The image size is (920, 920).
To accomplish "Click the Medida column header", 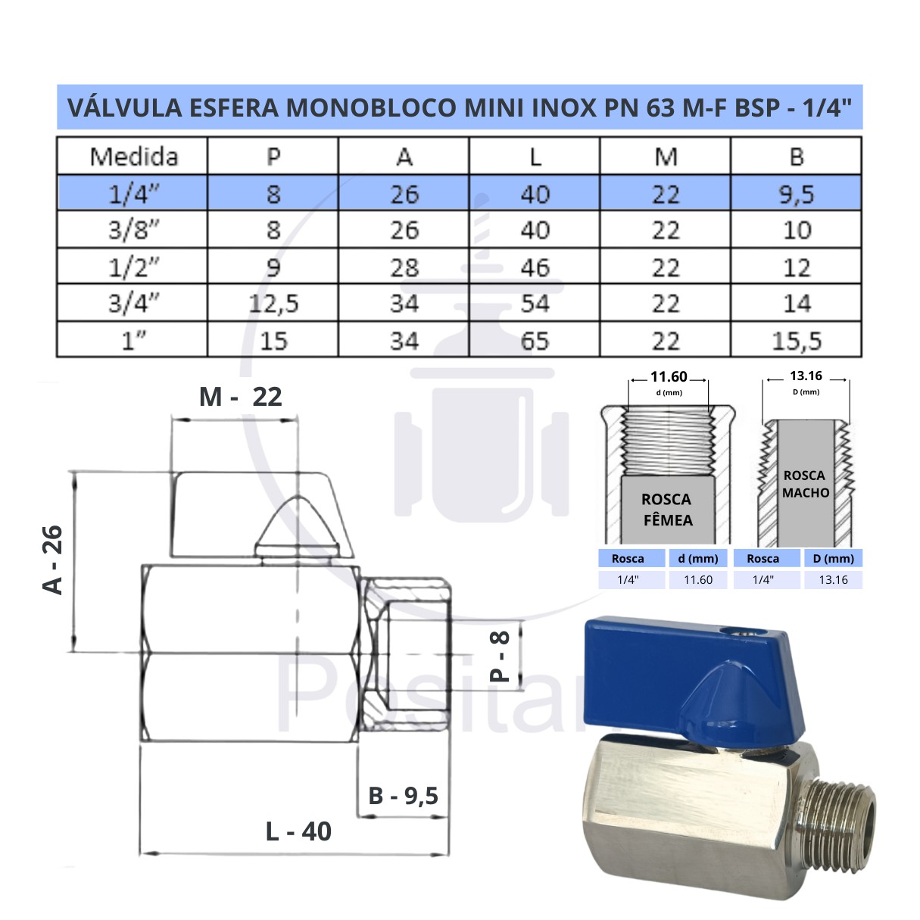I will [x=133, y=157].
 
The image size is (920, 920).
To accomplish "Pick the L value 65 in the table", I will [x=535, y=341].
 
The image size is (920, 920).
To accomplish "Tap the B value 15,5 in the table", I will [x=797, y=341].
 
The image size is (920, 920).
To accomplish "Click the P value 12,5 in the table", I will [x=273, y=304].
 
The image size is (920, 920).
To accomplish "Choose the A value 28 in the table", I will [x=404, y=267].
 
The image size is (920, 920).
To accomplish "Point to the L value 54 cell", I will [x=535, y=304].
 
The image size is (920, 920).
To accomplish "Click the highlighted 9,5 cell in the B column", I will [x=797, y=195].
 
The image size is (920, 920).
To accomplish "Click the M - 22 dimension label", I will [x=240, y=397].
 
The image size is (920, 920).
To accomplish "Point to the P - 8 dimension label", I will [x=501, y=656].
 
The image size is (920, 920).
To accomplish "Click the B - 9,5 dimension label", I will [x=403, y=796].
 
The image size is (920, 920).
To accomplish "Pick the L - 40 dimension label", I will [x=298, y=831].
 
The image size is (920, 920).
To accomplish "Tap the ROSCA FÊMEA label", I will [x=667, y=510].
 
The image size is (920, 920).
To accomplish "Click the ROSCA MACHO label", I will [x=805, y=484].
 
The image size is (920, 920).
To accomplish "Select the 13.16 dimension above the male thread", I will [x=806, y=376].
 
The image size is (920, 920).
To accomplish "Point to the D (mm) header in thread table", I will [x=833, y=559].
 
